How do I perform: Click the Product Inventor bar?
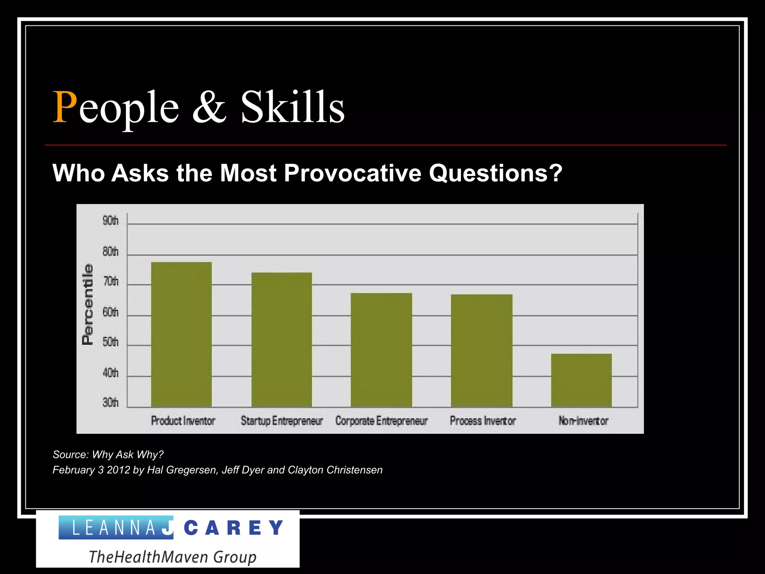pyautogui.click(x=181, y=334)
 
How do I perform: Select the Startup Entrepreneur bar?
pyautogui.click(x=282, y=340)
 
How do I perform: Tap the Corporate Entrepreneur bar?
pyautogui.click(x=381, y=350)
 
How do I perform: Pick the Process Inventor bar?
pyautogui.click(x=481, y=351)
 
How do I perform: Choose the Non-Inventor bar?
pyautogui.click(x=581, y=380)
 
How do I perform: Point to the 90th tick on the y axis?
pyautogui.click(x=111, y=221)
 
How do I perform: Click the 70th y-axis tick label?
pyautogui.click(x=111, y=281)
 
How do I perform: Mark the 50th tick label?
pyautogui.click(x=111, y=342)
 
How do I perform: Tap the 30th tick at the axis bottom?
pyautogui.click(x=111, y=403)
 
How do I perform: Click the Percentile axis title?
pyautogui.click(x=87, y=304)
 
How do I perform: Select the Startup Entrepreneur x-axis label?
pyautogui.click(x=282, y=421)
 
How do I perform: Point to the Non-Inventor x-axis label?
pyautogui.click(x=583, y=421)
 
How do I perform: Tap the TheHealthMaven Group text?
pyautogui.click(x=173, y=556)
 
